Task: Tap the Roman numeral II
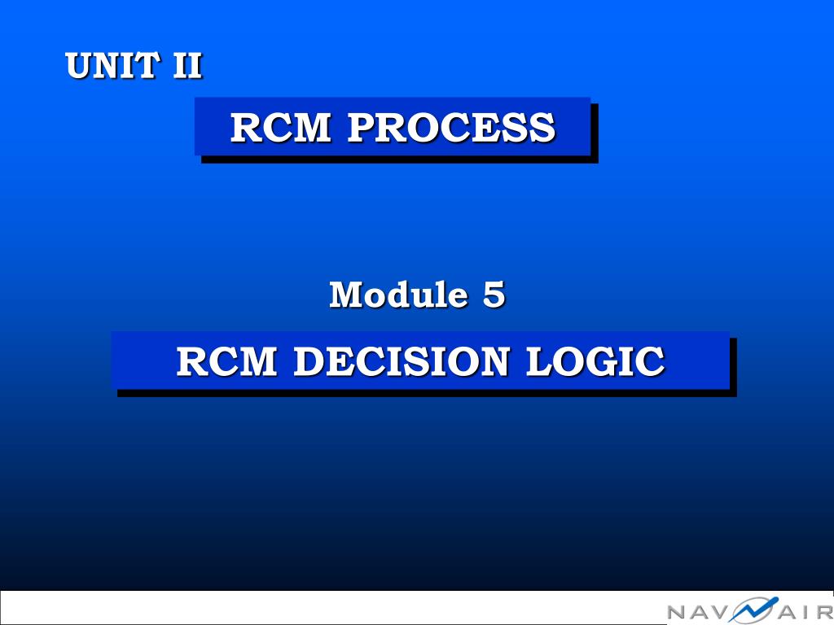[x=187, y=65]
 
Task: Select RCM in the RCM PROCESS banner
[x=280, y=128]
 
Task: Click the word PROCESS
[x=451, y=128]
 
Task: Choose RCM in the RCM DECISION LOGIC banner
[x=226, y=361]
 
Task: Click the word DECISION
[x=401, y=361]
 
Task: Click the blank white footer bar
[x=326, y=607]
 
